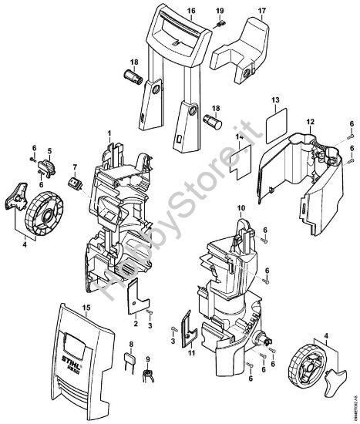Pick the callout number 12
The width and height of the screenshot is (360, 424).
tap(311, 123)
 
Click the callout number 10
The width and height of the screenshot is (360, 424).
tap(241, 208)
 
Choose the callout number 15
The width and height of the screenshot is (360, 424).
tap(86, 307)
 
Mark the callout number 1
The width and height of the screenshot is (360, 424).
tap(109, 135)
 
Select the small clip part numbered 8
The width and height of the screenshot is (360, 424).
tap(131, 363)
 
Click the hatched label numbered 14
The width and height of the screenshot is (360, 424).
tap(240, 162)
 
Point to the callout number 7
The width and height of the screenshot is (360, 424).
tap(75, 167)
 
